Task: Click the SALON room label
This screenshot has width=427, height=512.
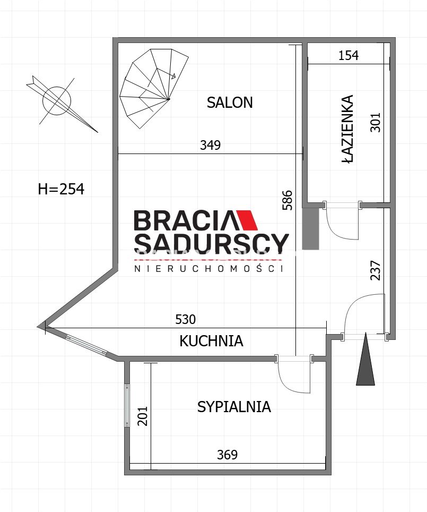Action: (x=230, y=103)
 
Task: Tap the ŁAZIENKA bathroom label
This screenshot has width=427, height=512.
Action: (x=348, y=129)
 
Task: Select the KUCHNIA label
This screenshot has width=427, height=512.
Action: (x=212, y=341)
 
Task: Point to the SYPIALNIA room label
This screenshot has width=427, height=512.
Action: (x=234, y=407)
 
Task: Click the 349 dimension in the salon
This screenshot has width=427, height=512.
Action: (x=211, y=145)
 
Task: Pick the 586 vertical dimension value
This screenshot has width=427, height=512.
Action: (x=287, y=200)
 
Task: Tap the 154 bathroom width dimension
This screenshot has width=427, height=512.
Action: (x=348, y=56)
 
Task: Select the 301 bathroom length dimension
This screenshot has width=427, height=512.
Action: (x=376, y=123)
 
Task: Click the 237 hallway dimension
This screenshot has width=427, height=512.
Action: (x=376, y=270)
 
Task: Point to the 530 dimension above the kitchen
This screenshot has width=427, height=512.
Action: (x=186, y=319)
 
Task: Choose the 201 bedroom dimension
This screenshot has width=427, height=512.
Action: (x=143, y=416)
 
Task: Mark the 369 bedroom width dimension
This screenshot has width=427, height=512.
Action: (x=228, y=455)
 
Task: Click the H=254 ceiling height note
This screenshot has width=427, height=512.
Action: (x=61, y=189)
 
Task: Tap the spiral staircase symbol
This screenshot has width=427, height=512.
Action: (x=153, y=89)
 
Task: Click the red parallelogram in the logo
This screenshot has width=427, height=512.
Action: (x=247, y=220)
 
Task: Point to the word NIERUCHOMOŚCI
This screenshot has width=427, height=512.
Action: (x=209, y=268)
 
